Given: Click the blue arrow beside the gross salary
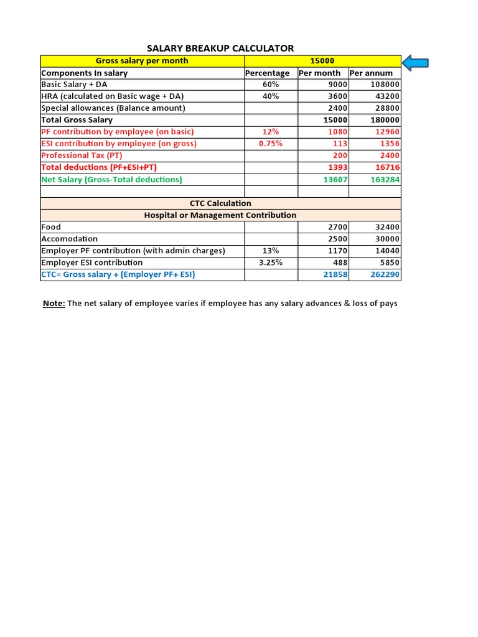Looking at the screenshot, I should pyautogui.click(x=416, y=62).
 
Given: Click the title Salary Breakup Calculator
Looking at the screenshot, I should pyautogui.click(x=220, y=48).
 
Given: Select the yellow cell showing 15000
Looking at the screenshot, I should pyautogui.click(x=322, y=61).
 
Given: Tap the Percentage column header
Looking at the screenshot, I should pyautogui.click(x=268, y=73).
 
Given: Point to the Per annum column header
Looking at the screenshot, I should pyautogui.click(x=372, y=73).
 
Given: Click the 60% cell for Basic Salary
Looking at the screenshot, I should pyautogui.click(x=271, y=85).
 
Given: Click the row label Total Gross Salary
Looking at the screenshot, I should pyautogui.click(x=77, y=120).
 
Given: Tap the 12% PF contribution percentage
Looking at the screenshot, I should pyautogui.click(x=271, y=132).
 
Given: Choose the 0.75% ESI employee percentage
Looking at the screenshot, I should pyautogui.click(x=271, y=144).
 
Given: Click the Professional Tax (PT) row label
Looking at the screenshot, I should pyautogui.click(x=82, y=156).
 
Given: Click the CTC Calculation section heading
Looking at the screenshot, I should pyautogui.click(x=220, y=203).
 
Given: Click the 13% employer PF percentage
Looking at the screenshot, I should pyautogui.click(x=271, y=251).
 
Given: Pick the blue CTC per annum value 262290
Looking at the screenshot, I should pyautogui.click(x=385, y=274).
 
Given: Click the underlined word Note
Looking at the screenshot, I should pyautogui.click(x=53, y=304).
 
